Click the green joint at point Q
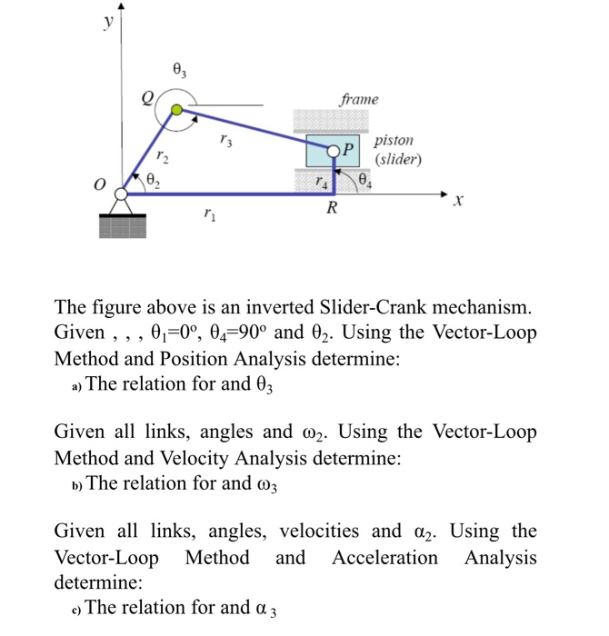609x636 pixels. point(178,111)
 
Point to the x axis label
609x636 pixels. point(459,206)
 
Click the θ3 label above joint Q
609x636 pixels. point(179,69)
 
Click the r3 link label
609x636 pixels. point(226,141)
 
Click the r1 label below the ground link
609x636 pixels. point(210,216)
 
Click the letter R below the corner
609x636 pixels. point(333,211)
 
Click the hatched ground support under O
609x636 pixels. point(123,228)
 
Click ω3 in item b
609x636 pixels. point(259,483)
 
